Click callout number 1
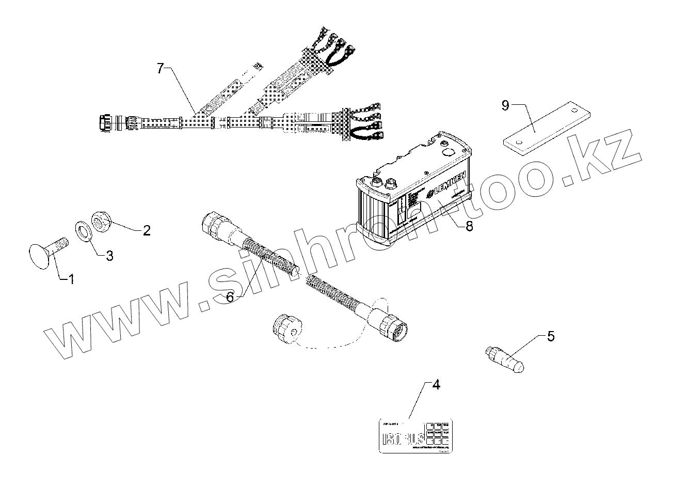pos(72,279)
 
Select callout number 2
pos(147,230)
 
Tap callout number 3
pos(109,255)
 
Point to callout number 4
pos(436,385)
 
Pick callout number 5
pos(551,337)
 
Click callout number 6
pos(230,296)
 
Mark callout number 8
pos(469,226)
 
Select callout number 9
pos(505,106)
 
